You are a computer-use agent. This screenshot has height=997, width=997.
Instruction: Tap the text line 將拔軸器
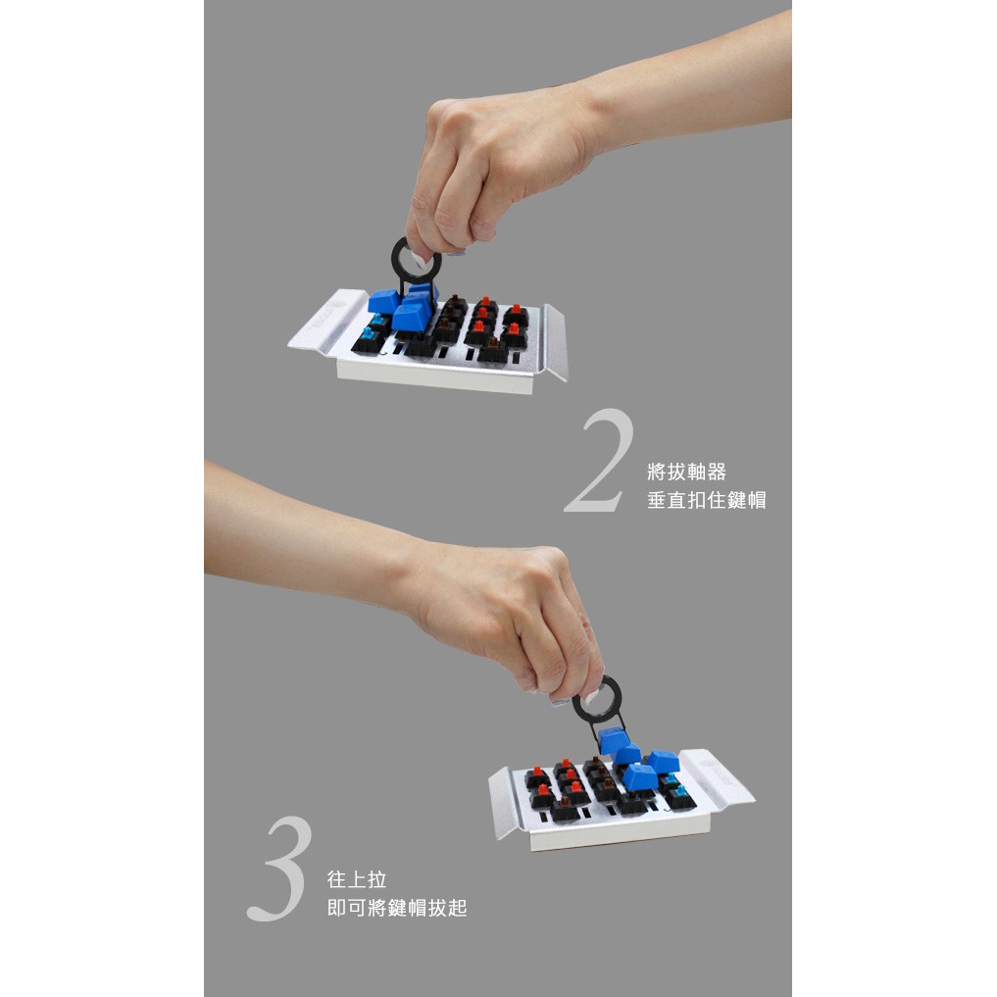tap(686, 472)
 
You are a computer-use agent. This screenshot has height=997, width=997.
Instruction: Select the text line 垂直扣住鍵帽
tap(707, 500)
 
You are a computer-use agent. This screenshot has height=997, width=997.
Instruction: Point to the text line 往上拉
tap(357, 879)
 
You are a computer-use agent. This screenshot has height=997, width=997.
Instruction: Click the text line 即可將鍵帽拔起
tap(397, 908)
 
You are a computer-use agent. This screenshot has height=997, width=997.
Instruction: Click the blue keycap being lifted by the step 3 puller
tap(613, 739)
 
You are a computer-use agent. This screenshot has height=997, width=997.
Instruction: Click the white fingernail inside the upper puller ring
tap(419, 258)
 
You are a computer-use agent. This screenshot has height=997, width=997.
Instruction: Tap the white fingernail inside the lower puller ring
tap(592, 695)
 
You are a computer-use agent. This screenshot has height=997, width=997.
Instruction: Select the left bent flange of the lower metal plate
tap(504, 803)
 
